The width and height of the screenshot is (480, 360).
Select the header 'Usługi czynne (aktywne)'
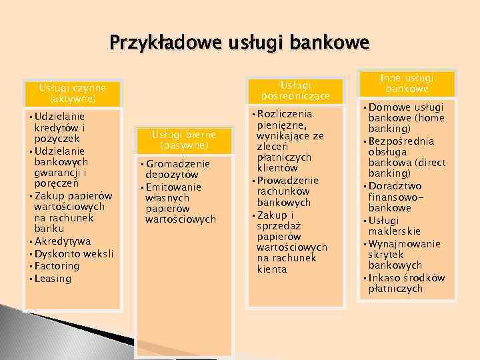point(72,93)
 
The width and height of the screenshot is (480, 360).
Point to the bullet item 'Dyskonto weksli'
point(74,253)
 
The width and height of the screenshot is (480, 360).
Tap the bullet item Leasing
point(53,278)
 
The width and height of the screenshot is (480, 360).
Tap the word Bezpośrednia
point(401,141)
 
